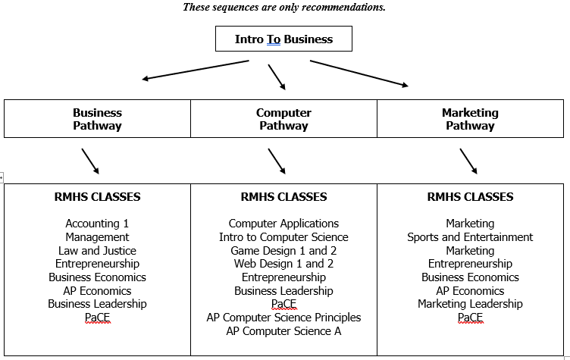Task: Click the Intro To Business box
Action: coord(283,39)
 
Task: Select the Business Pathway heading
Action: coord(97,119)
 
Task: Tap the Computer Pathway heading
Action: coord(283,119)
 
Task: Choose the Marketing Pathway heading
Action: coord(470,119)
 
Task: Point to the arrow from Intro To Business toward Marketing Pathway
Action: coord(359,74)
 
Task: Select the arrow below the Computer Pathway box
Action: coord(277,161)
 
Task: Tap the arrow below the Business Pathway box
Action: coord(90,161)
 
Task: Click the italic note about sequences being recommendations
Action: coord(284,8)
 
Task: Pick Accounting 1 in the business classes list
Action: coord(97,224)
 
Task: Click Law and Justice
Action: coord(97,251)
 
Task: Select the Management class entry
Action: coord(97,237)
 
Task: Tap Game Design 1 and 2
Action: coord(283,251)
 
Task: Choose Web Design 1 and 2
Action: coord(283,264)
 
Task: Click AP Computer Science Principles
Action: coord(283,318)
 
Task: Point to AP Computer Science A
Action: coord(283,331)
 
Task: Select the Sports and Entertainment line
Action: coord(470,237)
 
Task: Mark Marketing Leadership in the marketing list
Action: coord(470,304)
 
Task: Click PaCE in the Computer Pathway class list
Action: coord(283,304)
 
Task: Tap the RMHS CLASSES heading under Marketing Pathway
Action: coord(470,197)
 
